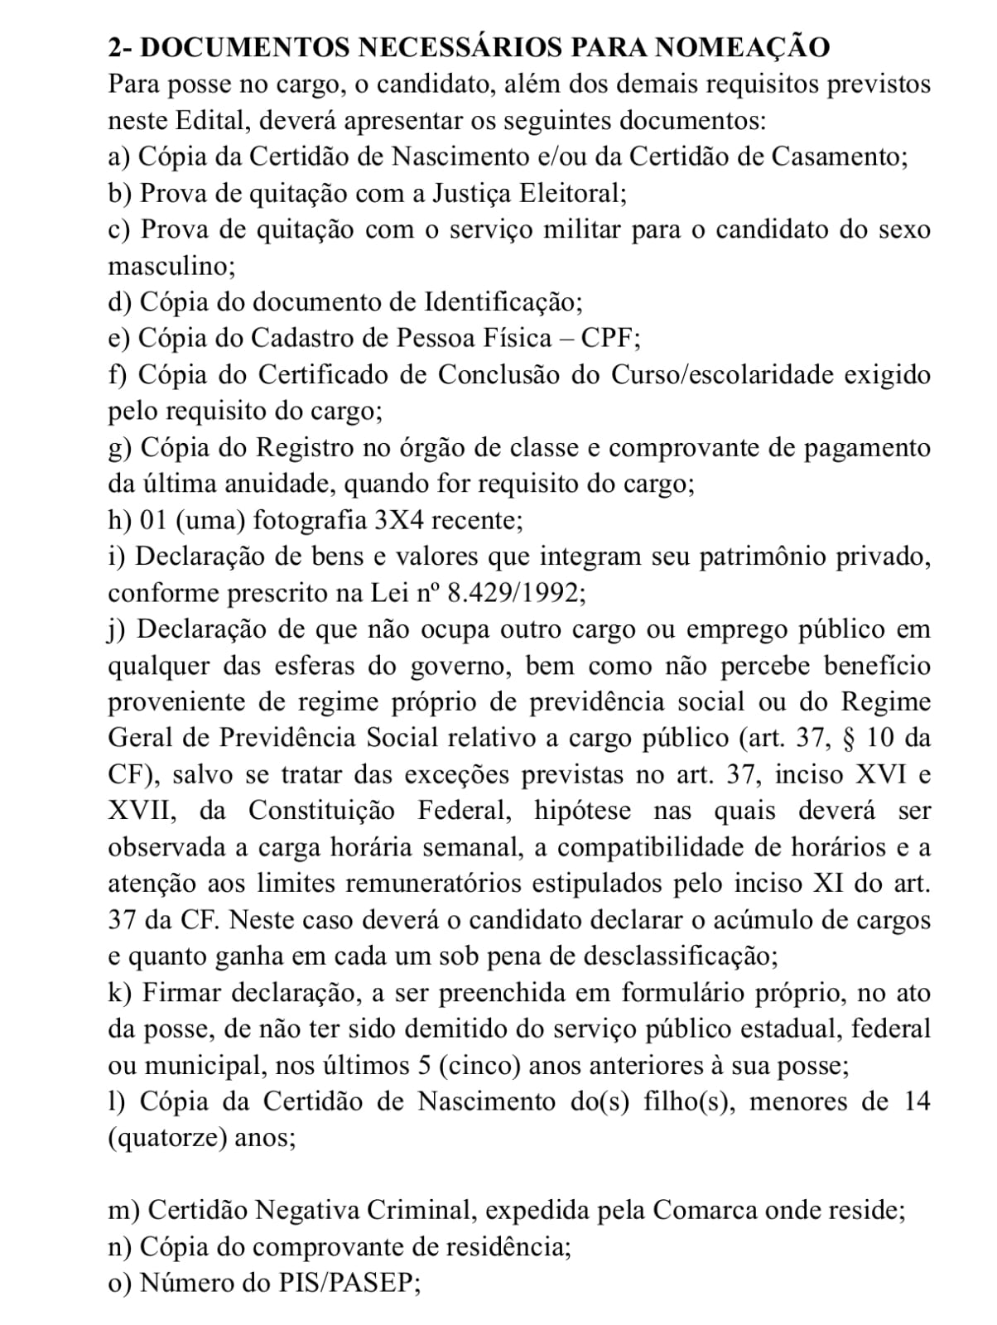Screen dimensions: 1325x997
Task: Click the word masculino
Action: (x=171, y=266)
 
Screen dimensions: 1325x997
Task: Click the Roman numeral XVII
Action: (x=141, y=811)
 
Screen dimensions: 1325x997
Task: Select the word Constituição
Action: (x=321, y=811)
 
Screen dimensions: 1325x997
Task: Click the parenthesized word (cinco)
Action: (x=480, y=1066)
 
